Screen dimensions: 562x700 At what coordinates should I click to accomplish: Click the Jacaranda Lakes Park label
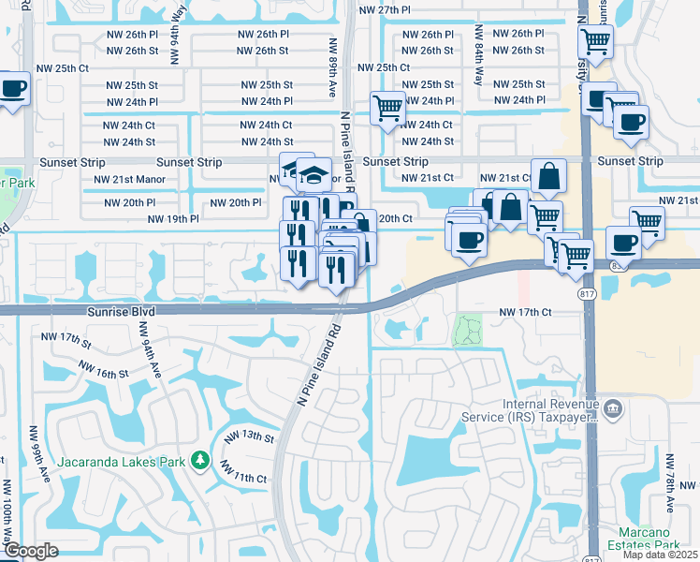(121, 460)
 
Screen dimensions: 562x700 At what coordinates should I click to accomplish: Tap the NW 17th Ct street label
(526, 311)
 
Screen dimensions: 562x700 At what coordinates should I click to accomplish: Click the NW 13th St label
(250, 436)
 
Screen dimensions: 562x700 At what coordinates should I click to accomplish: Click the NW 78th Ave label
(670, 483)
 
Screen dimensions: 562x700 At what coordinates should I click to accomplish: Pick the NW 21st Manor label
(136, 179)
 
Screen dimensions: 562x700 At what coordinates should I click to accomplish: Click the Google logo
(31, 551)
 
